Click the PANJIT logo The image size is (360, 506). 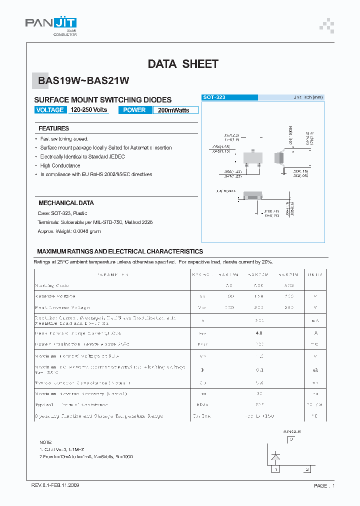tap(50, 25)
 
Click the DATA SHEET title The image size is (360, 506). tap(183, 64)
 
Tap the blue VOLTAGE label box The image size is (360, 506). tap(50, 110)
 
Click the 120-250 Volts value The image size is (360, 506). tap(88, 110)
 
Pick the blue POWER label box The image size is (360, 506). tap(134, 110)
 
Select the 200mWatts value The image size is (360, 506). tap(173, 110)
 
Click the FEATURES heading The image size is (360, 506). tap(53, 128)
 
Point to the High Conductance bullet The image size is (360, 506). tap(60, 165)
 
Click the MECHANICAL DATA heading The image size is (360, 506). tap(66, 203)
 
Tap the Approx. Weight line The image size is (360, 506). tap(69, 231)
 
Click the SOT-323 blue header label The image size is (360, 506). tap(214, 97)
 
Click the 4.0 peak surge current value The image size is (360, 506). tap(259, 333)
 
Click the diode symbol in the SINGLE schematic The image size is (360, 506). tap(275, 456)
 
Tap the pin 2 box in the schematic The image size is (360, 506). tap(307, 469)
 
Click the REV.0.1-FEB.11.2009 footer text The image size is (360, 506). tap(55, 485)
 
